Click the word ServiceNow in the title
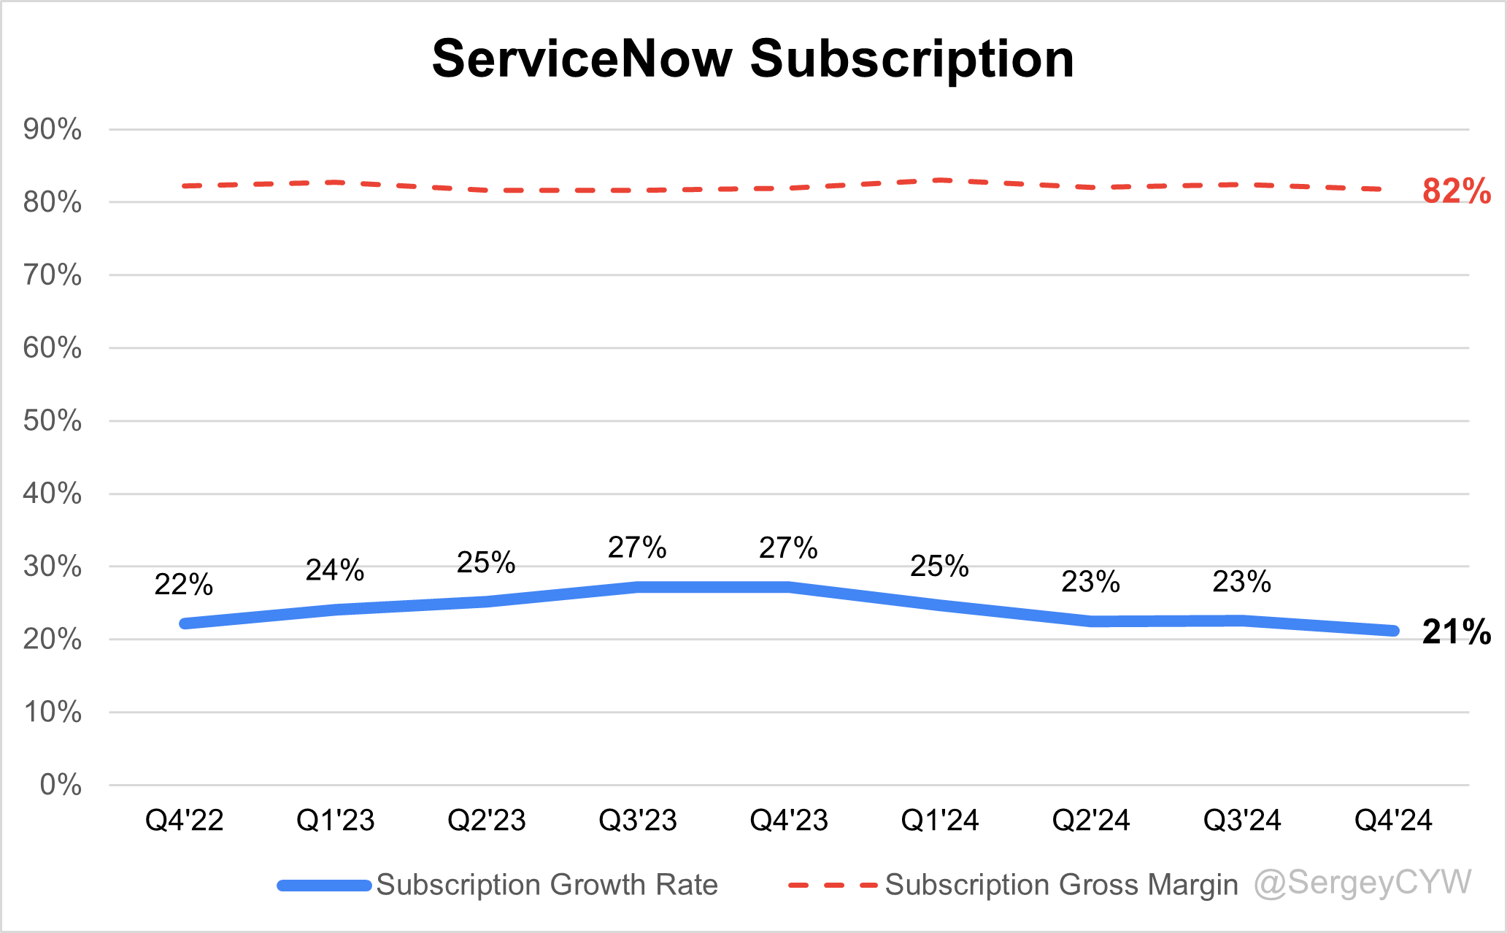582,58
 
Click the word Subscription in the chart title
911,60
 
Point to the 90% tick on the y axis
52,130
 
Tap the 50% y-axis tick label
52,421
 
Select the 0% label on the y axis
61,785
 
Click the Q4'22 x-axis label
184,821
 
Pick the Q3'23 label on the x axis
638,821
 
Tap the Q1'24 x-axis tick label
940,821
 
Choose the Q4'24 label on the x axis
1393,821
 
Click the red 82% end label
1456,191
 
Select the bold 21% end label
1456,632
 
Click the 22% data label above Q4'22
184,585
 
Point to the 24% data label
335,571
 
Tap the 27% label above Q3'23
637,548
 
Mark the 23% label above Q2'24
1090,583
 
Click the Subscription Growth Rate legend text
547,885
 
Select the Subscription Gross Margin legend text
1061,885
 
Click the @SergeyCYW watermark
1363,883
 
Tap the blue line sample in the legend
325,886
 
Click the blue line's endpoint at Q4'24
1392,631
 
